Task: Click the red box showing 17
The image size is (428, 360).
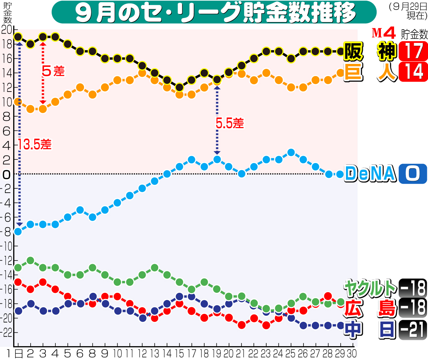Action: [x=413, y=51]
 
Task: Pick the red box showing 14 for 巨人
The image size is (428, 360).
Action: [x=413, y=71]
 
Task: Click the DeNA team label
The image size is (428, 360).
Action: [x=370, y=174]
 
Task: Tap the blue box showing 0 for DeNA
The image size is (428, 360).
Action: [x=413, y=174]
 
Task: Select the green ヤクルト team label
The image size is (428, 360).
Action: [x=370, y=288]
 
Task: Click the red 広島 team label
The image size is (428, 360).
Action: [x=370, y=308]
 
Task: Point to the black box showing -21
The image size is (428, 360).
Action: [x=413, y=330]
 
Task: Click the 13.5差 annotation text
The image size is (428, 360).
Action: [x=35, y=144]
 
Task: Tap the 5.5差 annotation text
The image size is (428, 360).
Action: [x=230, y=123]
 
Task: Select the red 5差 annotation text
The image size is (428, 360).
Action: [x=53, y=71]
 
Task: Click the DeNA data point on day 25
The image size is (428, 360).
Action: [x=291, y=152]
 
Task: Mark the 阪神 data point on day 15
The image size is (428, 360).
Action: [x=179, y=87]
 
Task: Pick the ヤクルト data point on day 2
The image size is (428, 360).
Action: [x=31, y=261]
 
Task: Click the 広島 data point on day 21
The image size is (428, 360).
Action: [x=242, y=325]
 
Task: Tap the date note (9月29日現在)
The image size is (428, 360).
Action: [x=408, y=11]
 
